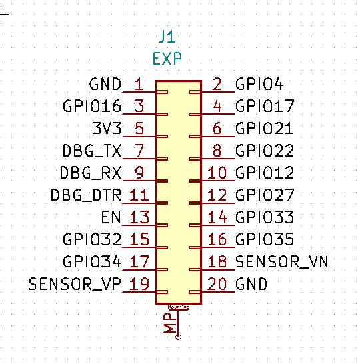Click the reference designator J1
(167, 37)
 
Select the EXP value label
(167, 59)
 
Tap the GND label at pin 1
(105, 84)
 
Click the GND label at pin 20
(251, 284)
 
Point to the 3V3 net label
(107, 128)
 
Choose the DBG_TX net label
(92, 151)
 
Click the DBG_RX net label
(91, 173)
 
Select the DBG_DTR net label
(86, 195)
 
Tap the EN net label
(111, 217)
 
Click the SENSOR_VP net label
(75, 284)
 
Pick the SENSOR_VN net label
(282, 262)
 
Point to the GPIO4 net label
(259, 84)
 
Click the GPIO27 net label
(265, 195)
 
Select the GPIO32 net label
(92, 239)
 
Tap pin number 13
(139, 217)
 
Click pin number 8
(217, 151)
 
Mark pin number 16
(217, 239)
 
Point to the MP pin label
(170, 323)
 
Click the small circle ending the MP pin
(178, 337)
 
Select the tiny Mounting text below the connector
(179, 307)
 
